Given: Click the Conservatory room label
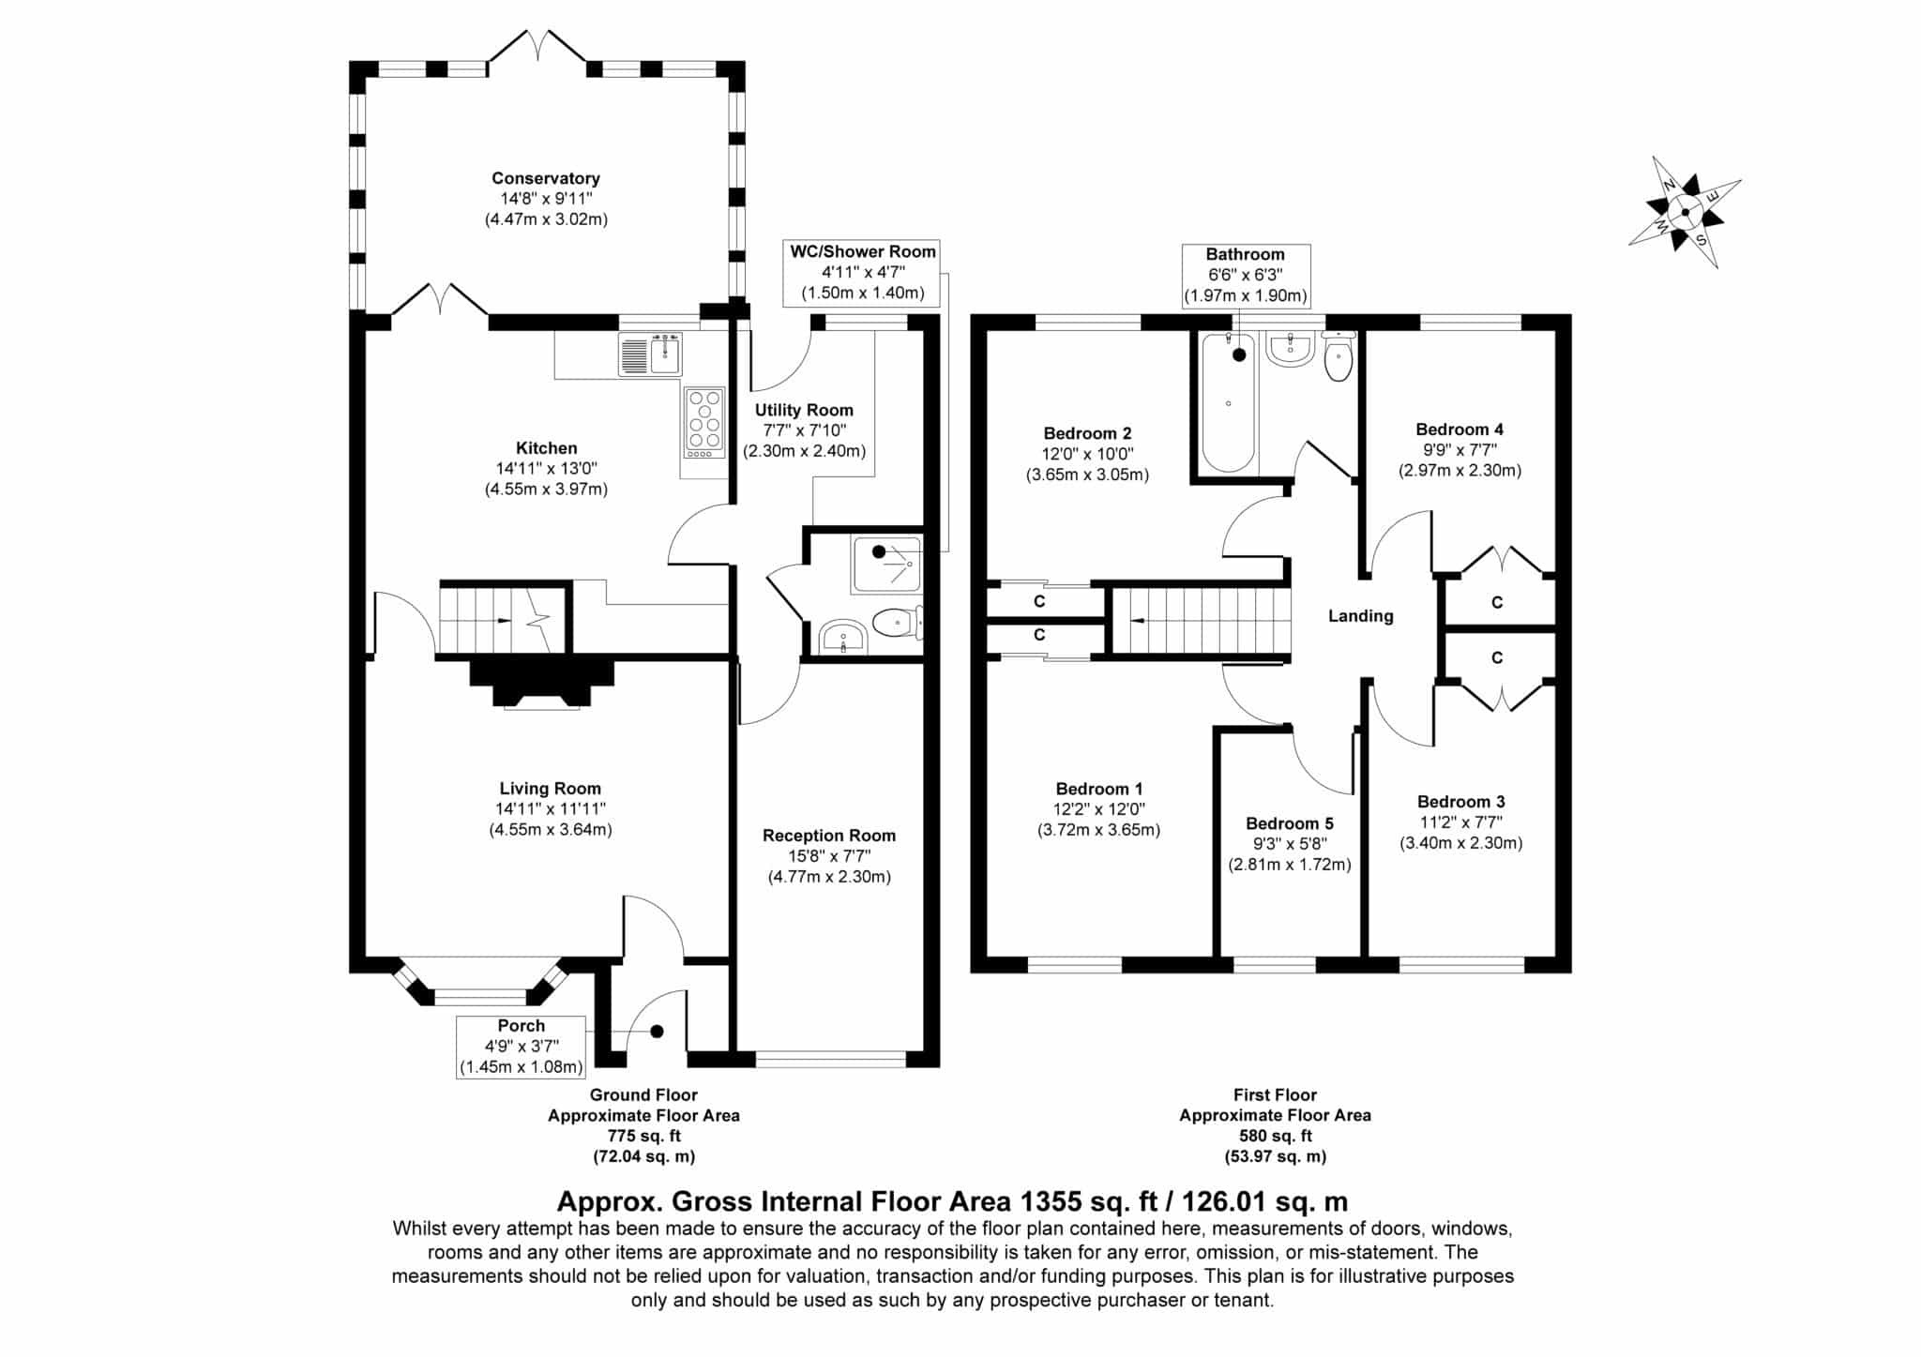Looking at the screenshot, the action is (x=546, y=178).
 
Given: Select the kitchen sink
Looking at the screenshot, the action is (x=650, y=354).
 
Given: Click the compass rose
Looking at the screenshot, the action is (x=1685, y=213).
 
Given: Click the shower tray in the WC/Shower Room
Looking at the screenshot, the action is (x=886, y=565).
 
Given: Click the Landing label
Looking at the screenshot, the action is (x=1360, y=616).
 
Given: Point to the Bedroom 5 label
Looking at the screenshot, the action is (x=1289, y=823).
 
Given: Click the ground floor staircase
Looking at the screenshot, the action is (x=502, y=619).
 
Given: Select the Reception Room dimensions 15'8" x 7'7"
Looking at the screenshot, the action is (x=829, y=856).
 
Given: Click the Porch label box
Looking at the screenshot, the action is (x=521, y=1047).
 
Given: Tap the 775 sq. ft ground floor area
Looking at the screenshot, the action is (x=643, y=1136).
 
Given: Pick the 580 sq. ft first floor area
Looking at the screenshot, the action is (x=1275, y=1136).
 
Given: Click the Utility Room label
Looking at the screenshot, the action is (x=804, y=410).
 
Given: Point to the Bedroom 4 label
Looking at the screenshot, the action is (x=1460, y=430).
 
